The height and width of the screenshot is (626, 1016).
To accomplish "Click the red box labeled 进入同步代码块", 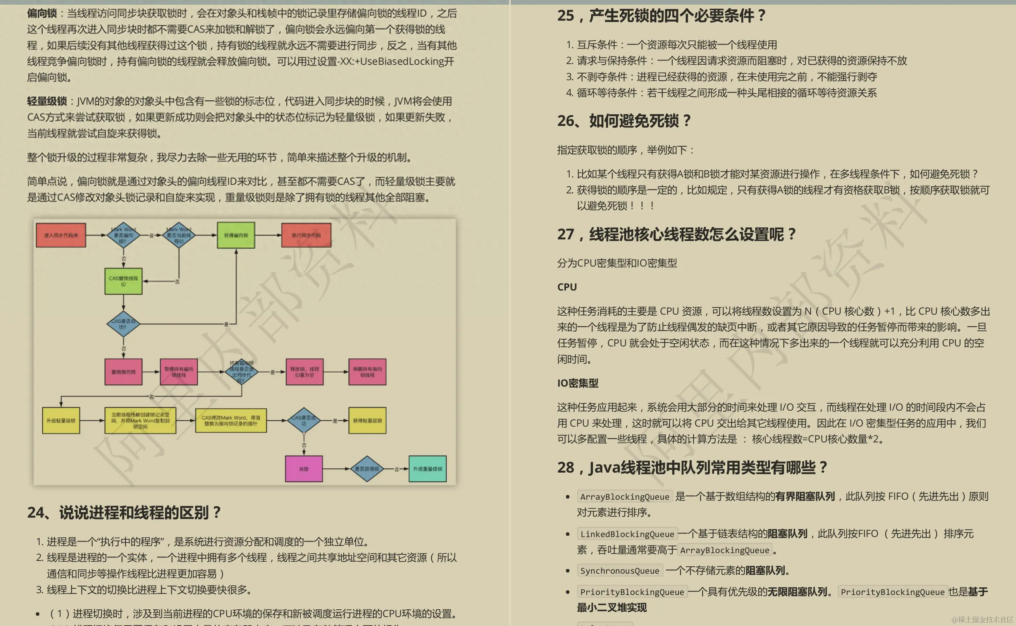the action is point(61,235).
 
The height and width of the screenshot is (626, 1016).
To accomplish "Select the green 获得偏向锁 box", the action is point(236,235).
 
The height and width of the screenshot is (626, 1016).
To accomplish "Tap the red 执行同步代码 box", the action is point(306,235).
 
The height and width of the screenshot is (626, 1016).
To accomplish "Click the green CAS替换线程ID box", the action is point(123,281).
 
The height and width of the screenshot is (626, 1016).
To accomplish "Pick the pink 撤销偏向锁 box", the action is point(123,372).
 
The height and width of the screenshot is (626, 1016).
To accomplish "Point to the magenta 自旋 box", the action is point(304,469).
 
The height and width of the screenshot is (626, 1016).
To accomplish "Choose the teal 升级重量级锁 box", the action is point(427,469).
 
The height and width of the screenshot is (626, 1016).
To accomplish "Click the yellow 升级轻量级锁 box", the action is point(61,420).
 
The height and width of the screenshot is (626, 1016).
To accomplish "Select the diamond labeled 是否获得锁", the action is point(367,469).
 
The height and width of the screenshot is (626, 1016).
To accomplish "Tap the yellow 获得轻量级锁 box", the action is point(367,420).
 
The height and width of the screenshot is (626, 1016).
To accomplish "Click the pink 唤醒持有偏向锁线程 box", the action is point(367,372).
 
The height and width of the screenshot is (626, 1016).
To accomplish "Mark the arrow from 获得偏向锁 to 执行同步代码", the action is point(268,235).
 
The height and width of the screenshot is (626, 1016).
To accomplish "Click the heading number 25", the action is point(566,16).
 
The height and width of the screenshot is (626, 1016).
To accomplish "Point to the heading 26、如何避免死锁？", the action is point(624,121).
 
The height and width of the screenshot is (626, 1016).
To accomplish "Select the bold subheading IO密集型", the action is point(578,383).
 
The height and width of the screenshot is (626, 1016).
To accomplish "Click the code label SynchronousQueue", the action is point(620,571).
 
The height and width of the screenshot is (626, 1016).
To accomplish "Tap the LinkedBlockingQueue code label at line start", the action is point(627,534).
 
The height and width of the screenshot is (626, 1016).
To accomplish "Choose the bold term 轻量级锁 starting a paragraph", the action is point(47,101).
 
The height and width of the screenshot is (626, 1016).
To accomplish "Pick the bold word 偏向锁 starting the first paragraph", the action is point(42,13).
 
